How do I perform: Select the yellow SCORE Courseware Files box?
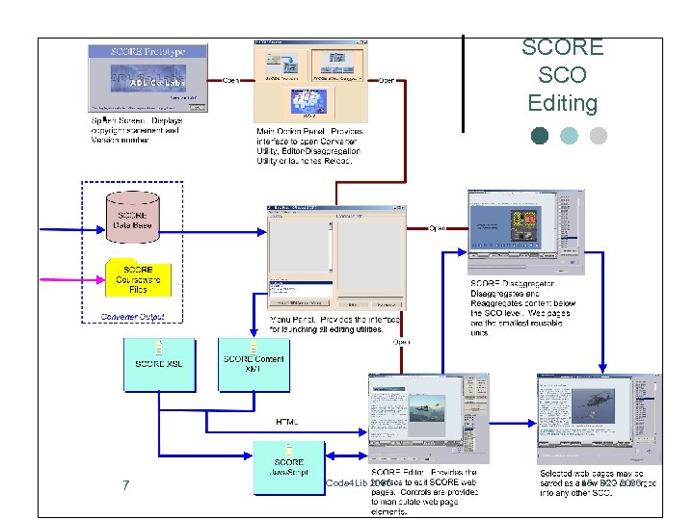click(137, 279)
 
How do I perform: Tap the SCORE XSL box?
click(159, 364)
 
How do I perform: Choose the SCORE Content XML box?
click(254, 364)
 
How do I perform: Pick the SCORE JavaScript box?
click(288, 468)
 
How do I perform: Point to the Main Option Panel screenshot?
click(310, 81)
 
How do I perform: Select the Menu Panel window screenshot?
click(334, 255)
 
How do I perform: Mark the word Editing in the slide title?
click(562, 103)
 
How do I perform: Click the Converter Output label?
click(133, 316)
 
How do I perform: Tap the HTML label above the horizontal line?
click(287, 422)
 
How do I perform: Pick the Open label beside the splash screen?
click(231, 80)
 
